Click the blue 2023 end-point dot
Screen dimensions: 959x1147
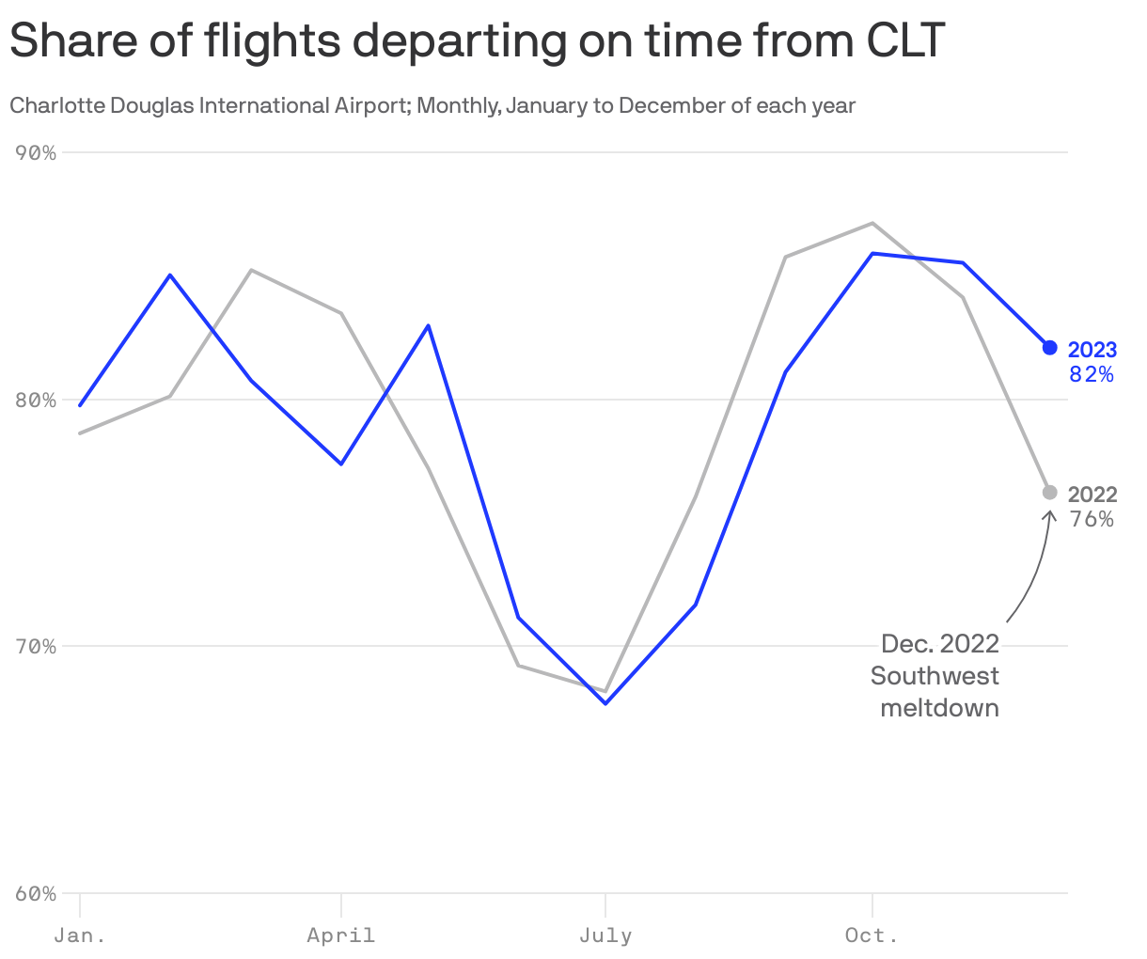(1050, 348)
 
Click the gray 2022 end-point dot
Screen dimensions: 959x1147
(1050, 493)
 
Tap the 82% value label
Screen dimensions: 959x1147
(1092, 375)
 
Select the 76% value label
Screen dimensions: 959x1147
(1092, 519)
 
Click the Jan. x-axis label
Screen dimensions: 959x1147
(80, 935)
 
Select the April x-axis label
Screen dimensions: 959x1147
(340, 935)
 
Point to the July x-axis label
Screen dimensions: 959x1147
(605, 935)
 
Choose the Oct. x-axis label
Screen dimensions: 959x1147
(872, 935)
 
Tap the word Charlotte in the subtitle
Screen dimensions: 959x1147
(58, 105)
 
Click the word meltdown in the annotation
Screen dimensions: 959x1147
(939, 707)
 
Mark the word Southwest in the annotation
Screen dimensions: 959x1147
(935, 676)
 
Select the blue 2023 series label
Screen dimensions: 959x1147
(1092, 350)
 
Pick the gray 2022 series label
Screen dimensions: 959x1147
(1092, 495)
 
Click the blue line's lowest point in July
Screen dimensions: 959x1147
(605, 703)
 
